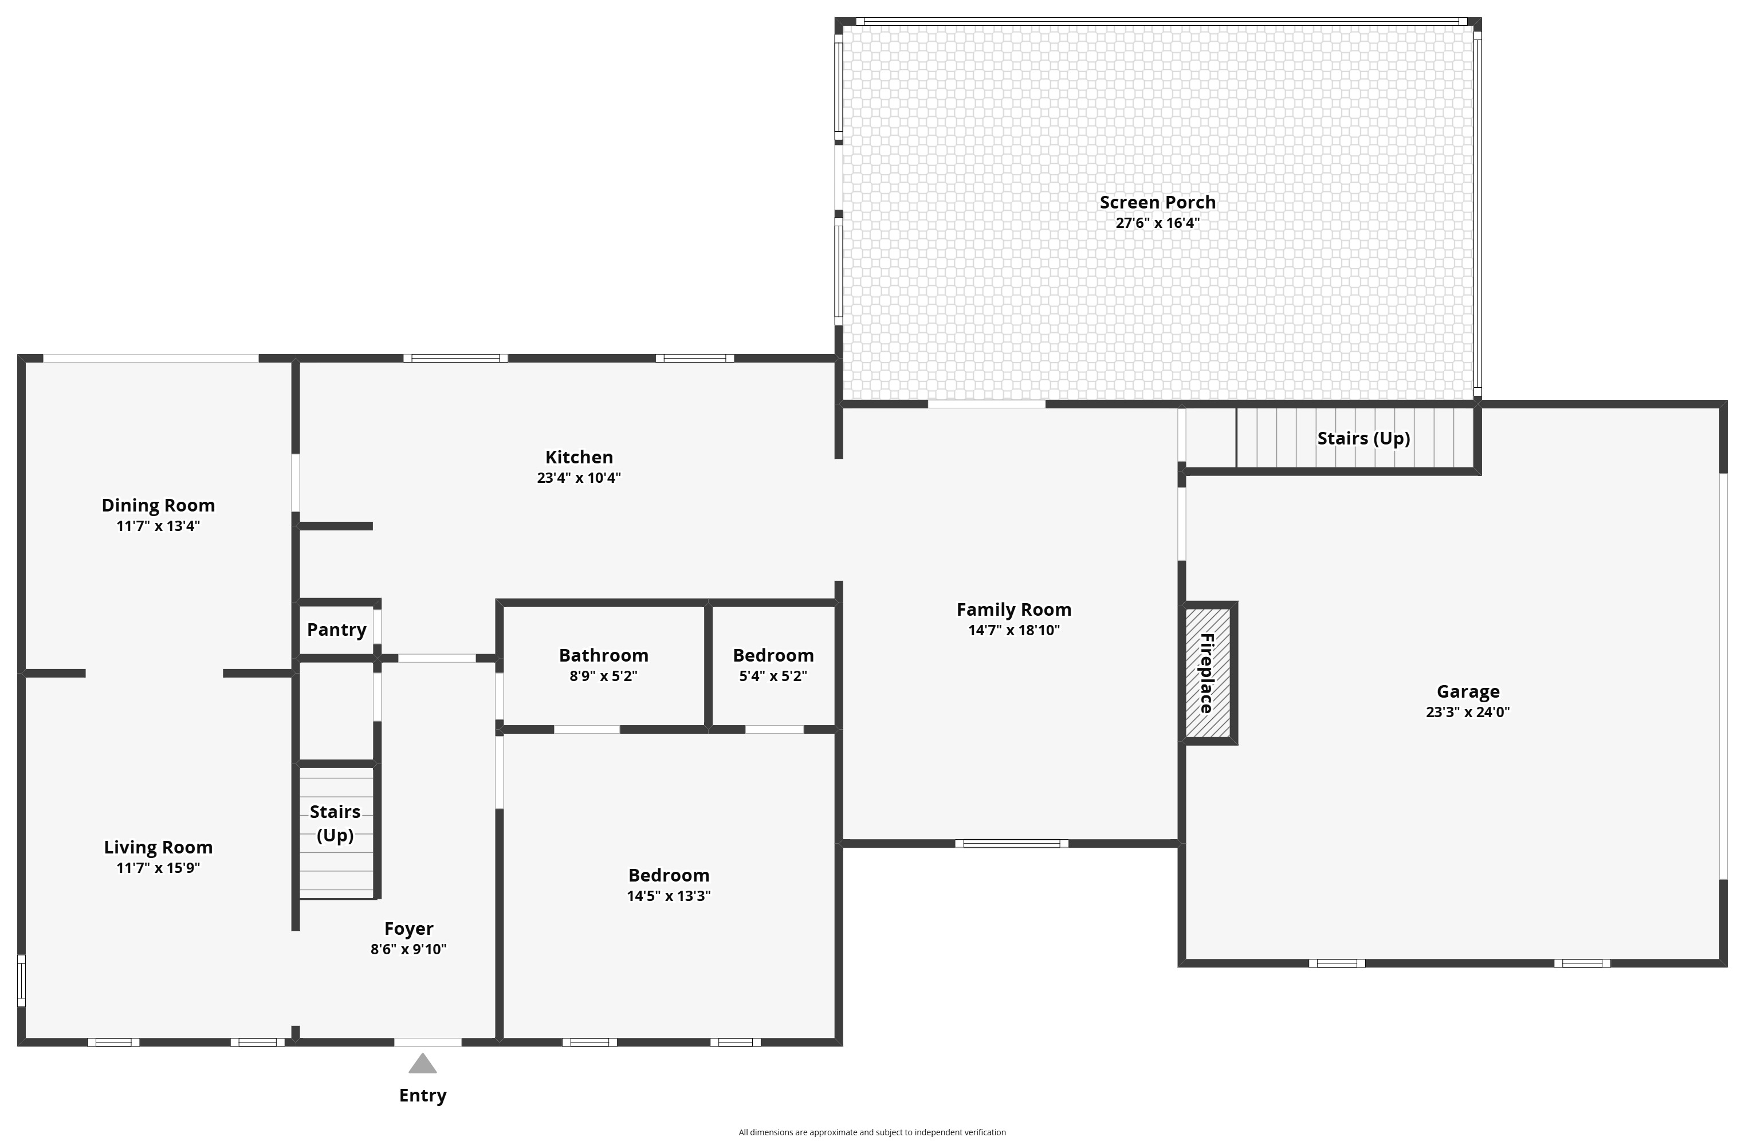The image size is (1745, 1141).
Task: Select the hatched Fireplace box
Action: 1208,672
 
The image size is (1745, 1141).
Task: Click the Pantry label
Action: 336,629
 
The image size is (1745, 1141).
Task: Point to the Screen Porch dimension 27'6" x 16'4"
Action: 1158,223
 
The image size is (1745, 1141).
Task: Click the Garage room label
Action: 1468,691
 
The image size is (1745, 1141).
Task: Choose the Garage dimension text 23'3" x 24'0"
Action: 1468,711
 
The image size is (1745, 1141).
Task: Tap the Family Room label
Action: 1014,609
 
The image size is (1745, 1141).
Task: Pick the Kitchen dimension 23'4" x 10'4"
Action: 579,477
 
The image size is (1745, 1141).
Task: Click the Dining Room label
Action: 158,505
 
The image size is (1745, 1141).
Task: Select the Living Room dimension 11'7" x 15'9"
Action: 158,867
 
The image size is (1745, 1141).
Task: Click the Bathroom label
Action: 603,655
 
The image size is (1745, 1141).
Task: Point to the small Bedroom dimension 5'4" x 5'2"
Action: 773,675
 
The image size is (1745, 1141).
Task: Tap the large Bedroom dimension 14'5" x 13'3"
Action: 669,895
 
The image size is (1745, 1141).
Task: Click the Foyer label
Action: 408,929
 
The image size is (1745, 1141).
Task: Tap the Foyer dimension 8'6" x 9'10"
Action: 408,949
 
